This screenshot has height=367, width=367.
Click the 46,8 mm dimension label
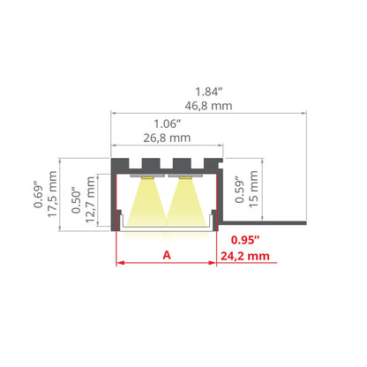click(x=208, y=106)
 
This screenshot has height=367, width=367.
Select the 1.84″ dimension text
click(x=209, y=92)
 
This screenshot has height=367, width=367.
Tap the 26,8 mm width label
click(x=167, y=138)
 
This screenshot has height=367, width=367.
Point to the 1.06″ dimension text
click(x=168, y=124)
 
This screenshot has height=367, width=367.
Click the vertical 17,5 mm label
click(x=52, y=194)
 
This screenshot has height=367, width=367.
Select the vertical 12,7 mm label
click(x=90, y=199)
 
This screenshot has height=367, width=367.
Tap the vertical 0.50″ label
click(x=76, y=199)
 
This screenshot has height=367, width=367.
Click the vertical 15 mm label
click(x=253, y=189)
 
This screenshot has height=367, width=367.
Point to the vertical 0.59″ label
click(x=240, y=190)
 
